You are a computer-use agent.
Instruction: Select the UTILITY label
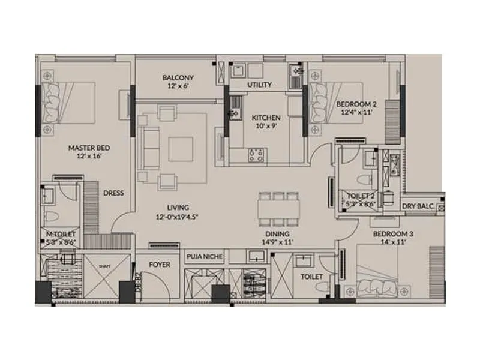(x=260, y=85)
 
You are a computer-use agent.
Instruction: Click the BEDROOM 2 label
(x=353, y=103)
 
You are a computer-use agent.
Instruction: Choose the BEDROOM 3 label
(x=392, y=233)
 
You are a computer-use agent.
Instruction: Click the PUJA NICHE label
(x=205, y=257)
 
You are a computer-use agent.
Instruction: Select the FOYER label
(x=160, y=264)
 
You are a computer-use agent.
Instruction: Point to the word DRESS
(x=113, y=193)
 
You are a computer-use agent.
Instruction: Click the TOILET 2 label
(x=360, y=196)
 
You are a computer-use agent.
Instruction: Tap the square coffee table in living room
(x=180, y=149)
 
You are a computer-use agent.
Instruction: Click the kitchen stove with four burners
(x=256, y=155)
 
